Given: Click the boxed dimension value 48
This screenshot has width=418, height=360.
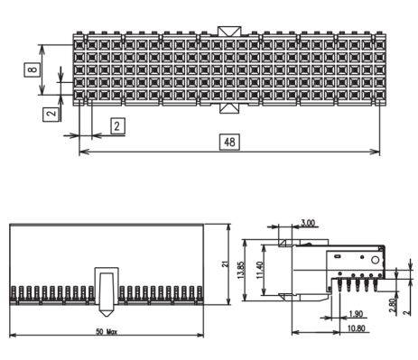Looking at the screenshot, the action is (x=229, y=142).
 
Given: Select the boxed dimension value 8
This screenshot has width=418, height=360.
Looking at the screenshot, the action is (x=33, y=69).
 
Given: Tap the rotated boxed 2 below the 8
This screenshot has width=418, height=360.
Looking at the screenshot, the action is (x=52, y=114).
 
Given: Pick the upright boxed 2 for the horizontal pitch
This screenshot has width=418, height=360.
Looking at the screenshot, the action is (x=117, y=126).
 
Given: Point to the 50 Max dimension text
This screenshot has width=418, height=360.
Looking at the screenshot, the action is (x=107, y=332).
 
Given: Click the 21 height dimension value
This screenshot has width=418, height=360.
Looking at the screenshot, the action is (x=225, y=264).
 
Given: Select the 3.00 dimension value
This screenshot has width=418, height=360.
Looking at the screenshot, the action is (x=308, y=223).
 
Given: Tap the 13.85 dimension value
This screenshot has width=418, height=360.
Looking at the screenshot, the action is (x=241, y=270).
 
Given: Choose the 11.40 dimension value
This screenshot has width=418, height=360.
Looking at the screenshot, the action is (x=260, y=270).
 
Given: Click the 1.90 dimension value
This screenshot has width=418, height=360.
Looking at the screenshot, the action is (x=356, y=314).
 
